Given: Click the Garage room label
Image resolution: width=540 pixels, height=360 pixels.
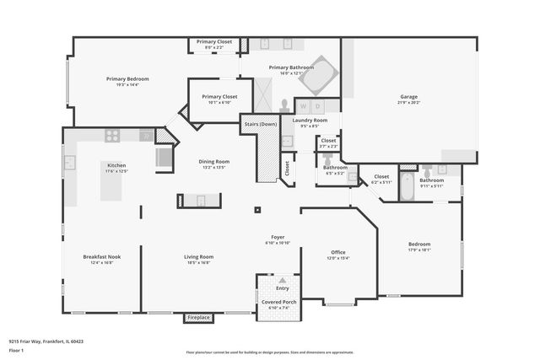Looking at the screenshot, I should coord(408,97).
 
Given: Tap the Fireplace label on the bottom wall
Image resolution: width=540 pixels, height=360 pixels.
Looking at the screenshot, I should coord(198,318).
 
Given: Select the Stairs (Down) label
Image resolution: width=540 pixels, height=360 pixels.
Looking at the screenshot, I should coord(260,124).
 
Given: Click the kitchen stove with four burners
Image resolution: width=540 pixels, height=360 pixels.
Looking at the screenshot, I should coord(112,135).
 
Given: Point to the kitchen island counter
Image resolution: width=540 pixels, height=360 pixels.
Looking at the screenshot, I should coord(116,184).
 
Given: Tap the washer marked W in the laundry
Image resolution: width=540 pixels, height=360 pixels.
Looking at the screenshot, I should coord(303,106).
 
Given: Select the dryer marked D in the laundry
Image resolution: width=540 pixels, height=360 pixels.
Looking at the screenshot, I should coord(317,106).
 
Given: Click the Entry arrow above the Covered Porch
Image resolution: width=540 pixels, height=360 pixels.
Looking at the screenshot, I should coord(282,279).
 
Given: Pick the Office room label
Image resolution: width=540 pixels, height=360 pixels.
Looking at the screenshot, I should coord(337,252).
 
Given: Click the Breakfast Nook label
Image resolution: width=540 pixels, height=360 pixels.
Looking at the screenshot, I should coord(101,256).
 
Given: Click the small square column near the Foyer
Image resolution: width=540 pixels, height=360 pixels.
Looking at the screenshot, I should coord(257,210).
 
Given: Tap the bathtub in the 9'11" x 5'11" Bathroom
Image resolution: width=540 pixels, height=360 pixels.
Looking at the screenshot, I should coord(407,186).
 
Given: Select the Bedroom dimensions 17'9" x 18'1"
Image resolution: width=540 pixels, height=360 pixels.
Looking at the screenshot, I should coord(419,250).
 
